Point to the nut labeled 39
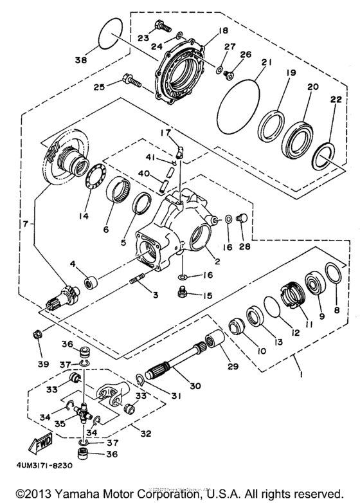pyautogui.click(x=38, y=334)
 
